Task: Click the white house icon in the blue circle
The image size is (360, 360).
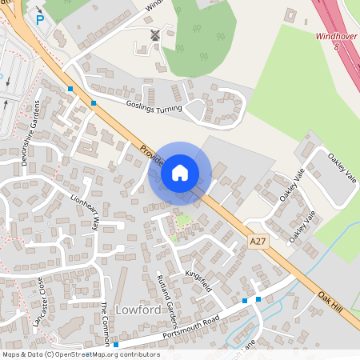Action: tap(180, 172)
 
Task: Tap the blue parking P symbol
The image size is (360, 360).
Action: tap(39, 20)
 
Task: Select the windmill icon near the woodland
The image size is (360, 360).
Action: tap(155, 35)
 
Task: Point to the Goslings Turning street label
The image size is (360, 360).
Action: tap(154, 106)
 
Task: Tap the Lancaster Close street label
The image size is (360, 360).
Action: tap(39, 302)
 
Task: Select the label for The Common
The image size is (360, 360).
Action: tap(104, 323)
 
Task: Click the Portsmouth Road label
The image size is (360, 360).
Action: tap(190, 323)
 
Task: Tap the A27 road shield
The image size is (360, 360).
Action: tap(258, 241)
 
